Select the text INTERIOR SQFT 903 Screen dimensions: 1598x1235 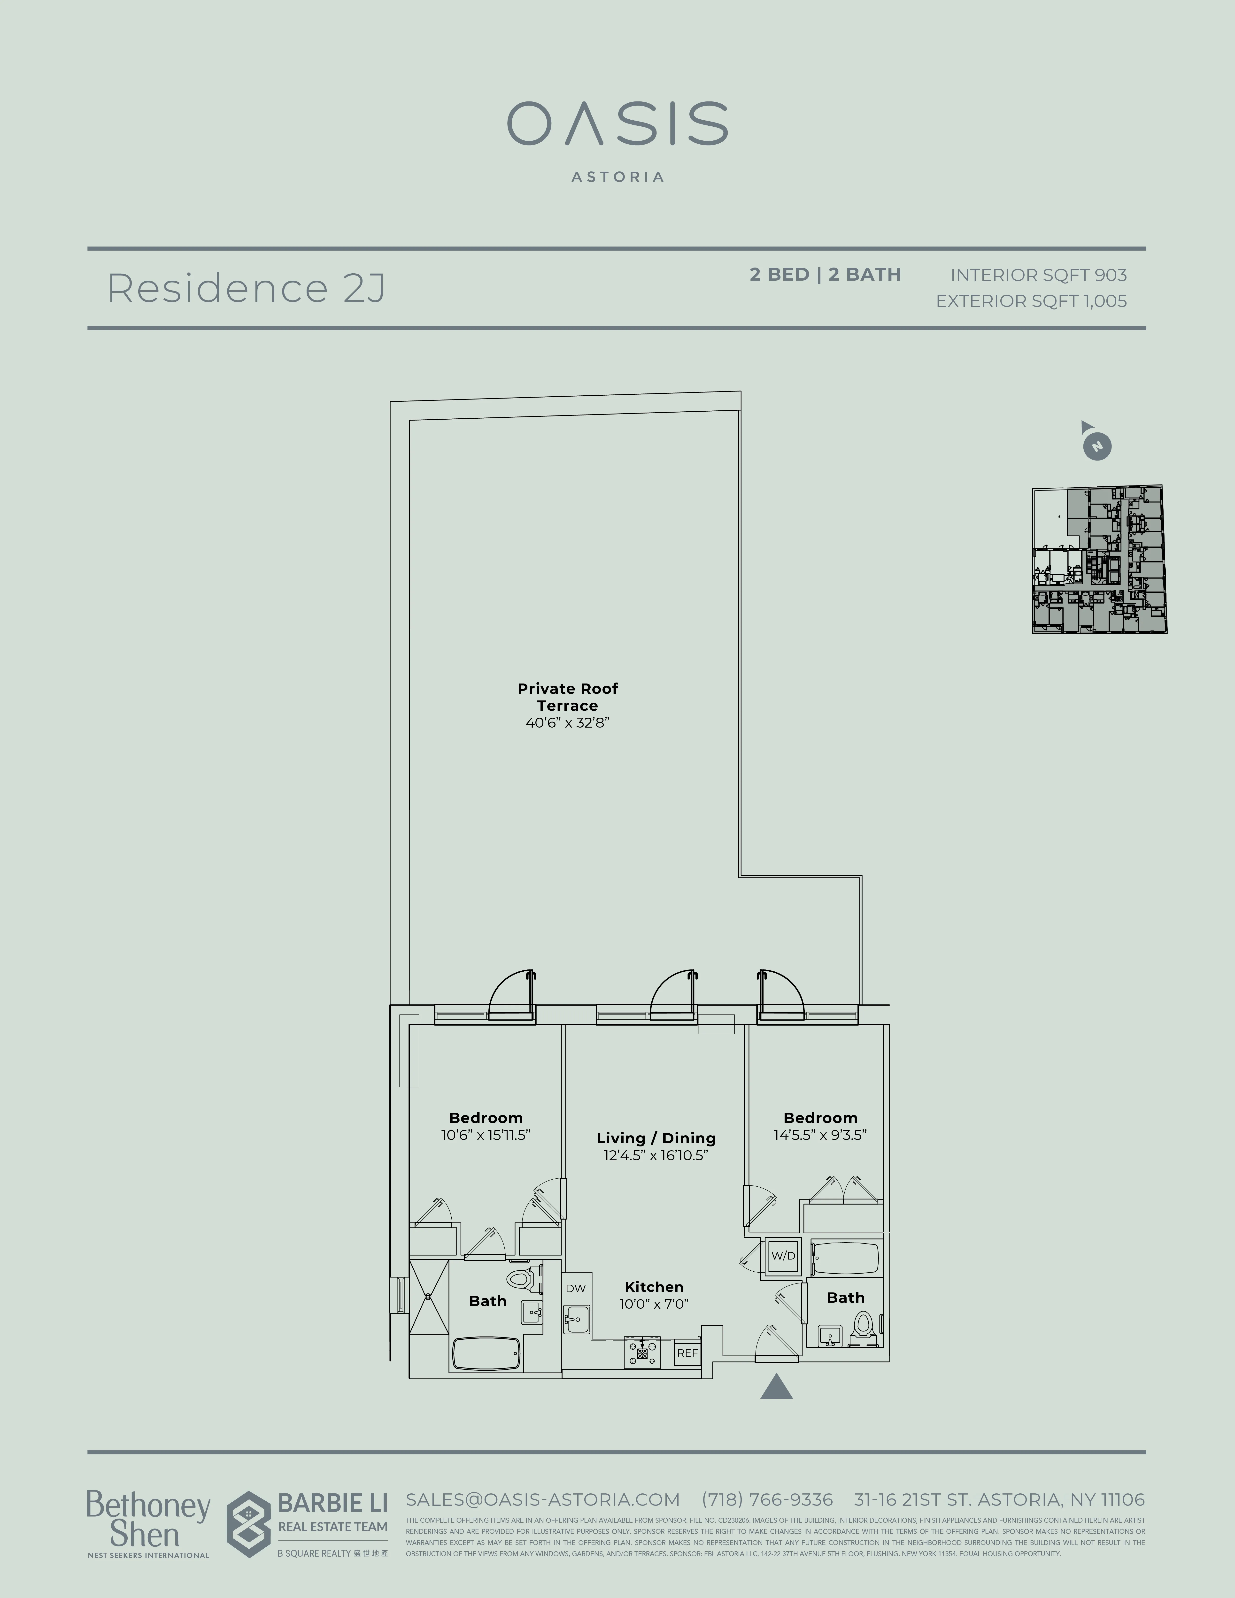[x=1038, y=275]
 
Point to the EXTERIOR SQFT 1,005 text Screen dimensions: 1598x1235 [x=1031, y=301]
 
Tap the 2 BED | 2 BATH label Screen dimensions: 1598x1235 [x=825, y=274]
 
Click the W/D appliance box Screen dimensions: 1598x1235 [x=783, y=1256]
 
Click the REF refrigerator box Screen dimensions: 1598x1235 [x=687, y=1353]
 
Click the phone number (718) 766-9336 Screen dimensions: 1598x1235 [x=767, y=1500]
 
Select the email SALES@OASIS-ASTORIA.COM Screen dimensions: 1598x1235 [x=543, y=1500]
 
